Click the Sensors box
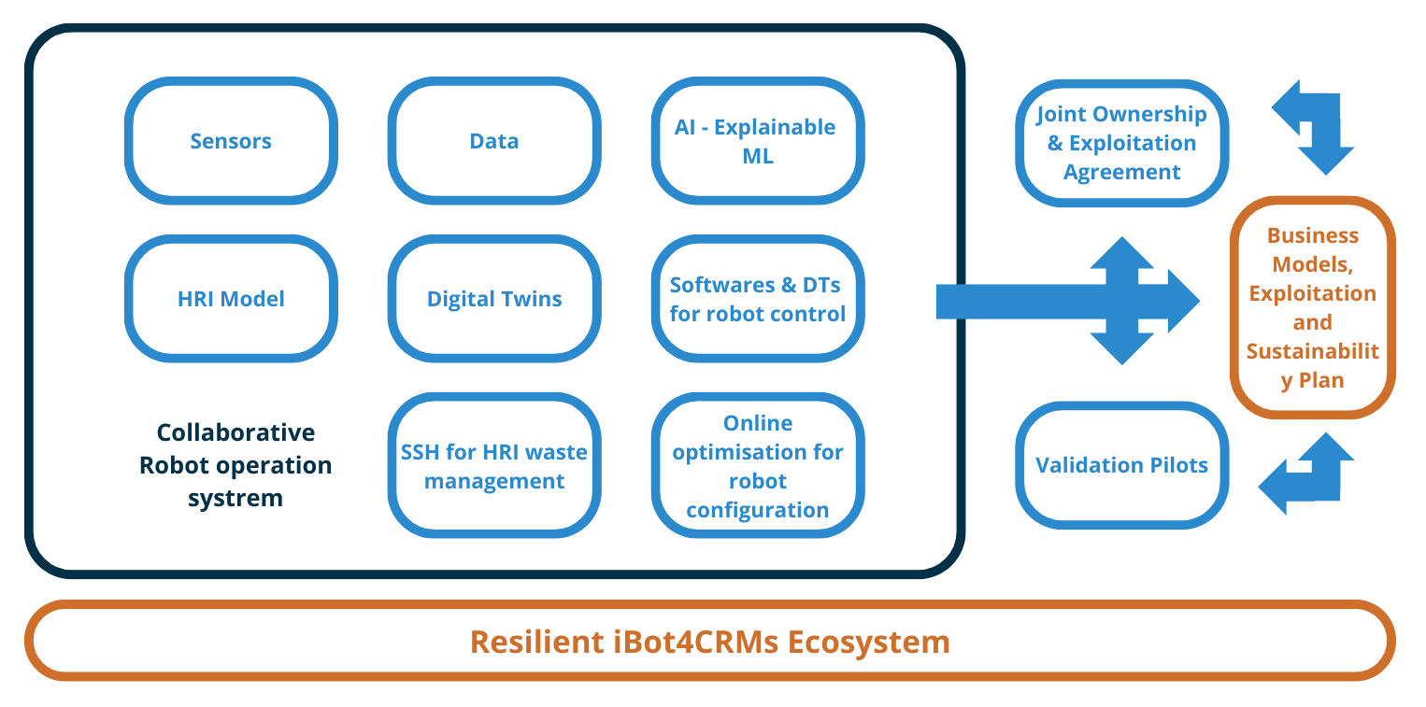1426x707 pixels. [231, 141]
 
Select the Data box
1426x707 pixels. [494, 141]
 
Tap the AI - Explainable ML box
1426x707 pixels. [757, 141]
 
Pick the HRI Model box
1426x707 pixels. [231, 299]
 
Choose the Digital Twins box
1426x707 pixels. [494, 299]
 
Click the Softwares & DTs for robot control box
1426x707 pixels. [757, 299]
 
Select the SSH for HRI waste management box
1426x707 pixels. [494, 466]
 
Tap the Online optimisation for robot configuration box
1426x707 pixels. [757, 466]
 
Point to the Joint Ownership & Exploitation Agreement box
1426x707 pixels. [1121, 143]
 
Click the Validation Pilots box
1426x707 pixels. [1121, 465]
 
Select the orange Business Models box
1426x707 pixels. [1312, 307]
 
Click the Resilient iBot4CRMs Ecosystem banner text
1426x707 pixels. [710, 642]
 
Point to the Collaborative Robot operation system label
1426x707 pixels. [235, 465]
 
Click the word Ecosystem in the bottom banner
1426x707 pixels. [868, 642]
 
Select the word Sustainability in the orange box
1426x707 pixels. [1312, 352]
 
